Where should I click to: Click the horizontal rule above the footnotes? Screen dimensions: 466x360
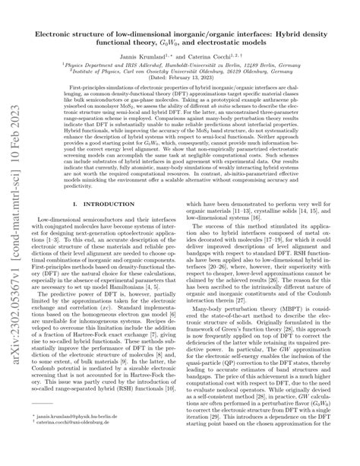coord(46,431)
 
